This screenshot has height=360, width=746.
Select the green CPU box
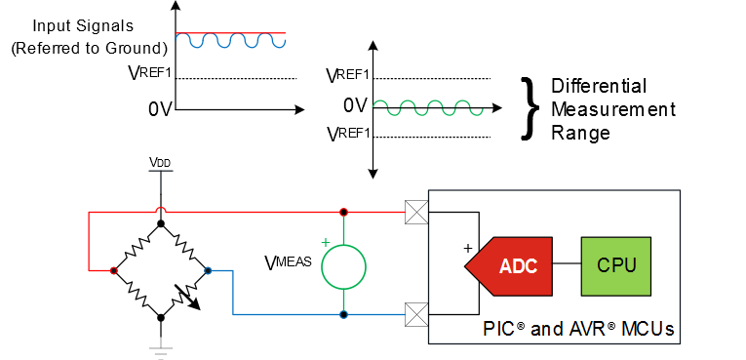pos(616,264)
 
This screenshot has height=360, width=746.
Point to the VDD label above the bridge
pos(161,161)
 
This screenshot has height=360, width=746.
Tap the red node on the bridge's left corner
pos(115,270)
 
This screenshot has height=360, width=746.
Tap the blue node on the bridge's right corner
pos(208,270)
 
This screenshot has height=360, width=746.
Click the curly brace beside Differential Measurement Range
pos(531,108)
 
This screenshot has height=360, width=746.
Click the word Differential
pos(599,85)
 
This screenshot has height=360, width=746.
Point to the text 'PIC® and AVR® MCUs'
pos(578,330)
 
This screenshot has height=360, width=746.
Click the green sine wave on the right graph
pos(429,108)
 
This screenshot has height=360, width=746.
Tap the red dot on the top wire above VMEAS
pos(343,210)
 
